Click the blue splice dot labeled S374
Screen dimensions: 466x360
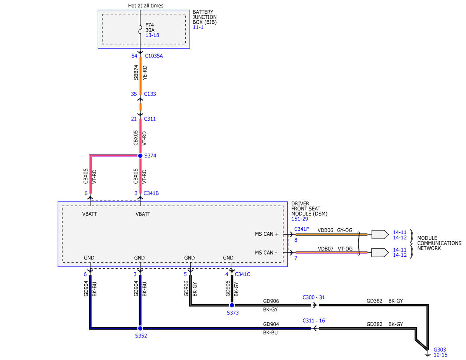click(140, 156)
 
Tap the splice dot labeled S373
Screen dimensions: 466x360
click(232, 305)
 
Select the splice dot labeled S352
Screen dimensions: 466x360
click(140, 328)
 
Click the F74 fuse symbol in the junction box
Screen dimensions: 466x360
click(140, 30)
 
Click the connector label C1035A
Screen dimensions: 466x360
click(154, 56)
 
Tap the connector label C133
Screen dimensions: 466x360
click(150, 94)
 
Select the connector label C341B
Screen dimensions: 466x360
click(151, 193)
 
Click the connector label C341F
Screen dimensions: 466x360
click(301, 229)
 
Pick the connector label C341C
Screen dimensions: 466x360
click(242, 274)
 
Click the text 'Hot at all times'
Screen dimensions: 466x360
click(146, 5)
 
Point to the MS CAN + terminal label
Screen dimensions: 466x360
click(266, 234)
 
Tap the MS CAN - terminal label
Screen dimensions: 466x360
click(266, 252)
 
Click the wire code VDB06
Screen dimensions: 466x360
click(325, 230)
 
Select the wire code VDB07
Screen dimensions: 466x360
click(325, 249)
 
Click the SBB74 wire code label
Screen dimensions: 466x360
click(136, 73)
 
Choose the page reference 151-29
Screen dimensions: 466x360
click(299, 219)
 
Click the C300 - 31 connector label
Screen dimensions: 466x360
click(313, 297)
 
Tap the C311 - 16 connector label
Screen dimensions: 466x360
click(313, 320)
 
